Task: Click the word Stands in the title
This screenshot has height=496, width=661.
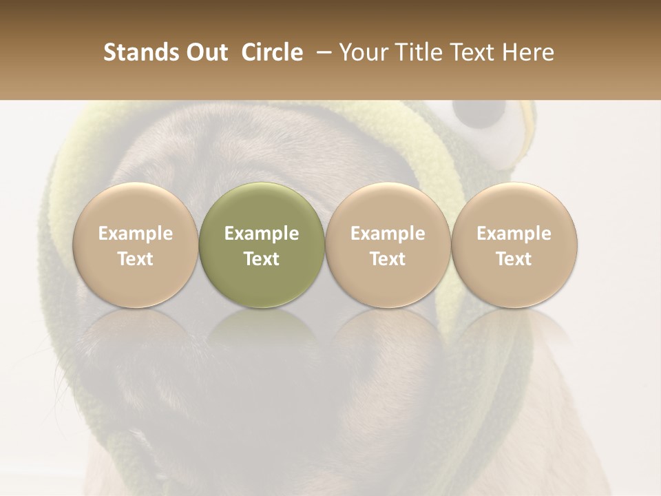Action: [x=140, y=52]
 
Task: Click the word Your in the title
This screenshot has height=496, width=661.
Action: [x=364, y=52]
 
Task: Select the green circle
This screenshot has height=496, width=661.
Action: [x=262, y=245]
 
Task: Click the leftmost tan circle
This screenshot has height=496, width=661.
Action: [x=136, y=245]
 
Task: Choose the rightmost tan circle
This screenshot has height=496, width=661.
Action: [x=514, y=245]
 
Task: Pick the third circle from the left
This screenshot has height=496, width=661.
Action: [x=388, y=245]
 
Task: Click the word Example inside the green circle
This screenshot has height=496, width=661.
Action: [x=262, y=234]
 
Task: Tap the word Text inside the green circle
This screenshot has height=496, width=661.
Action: [x=262, y=259]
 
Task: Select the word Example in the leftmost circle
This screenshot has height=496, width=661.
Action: [x=136, y=234]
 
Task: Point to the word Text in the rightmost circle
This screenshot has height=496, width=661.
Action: [x=514, y=259]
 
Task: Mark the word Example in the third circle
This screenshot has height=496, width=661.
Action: [x=388, y=234]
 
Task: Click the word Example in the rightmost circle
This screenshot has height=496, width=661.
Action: [x=514, y=234]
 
